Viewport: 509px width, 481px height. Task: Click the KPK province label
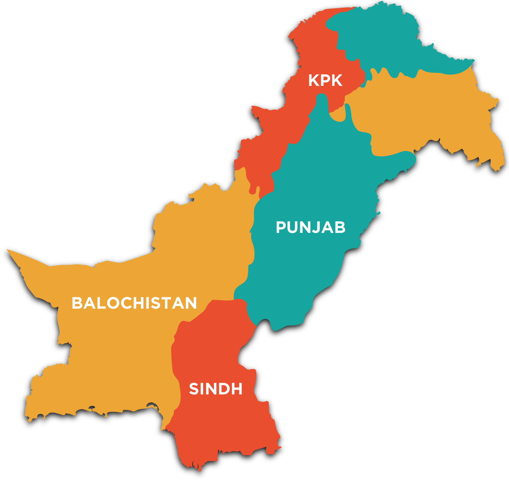pos(325,80)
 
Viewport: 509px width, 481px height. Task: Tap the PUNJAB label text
pos(310,227)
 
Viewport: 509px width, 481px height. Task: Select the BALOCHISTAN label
pos(134,303)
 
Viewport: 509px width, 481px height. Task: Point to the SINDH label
pos(216,389)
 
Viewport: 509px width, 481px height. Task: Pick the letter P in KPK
pos(326,80)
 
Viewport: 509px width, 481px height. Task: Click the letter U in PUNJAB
pos(295,227)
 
